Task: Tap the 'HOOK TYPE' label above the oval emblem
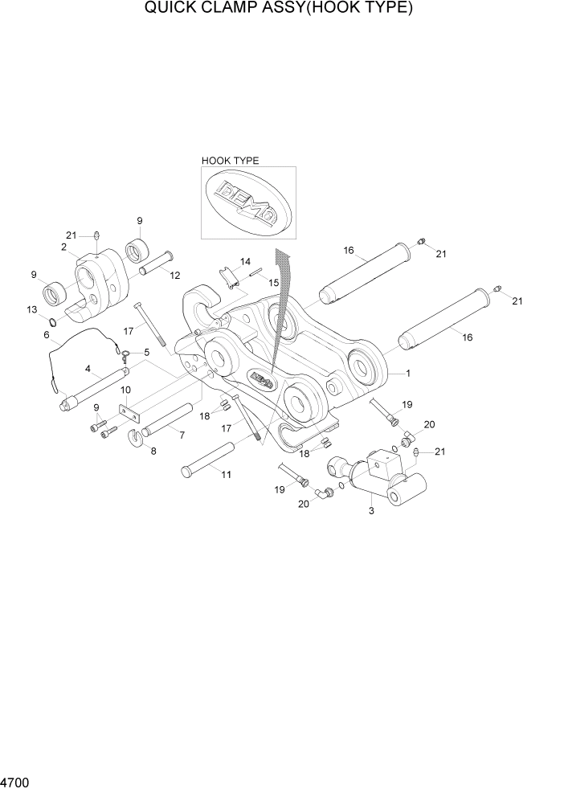tap(230, 161)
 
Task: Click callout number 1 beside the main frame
tap(408, 374)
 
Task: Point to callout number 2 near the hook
tap(63, 247)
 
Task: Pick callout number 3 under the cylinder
tap(371, 510)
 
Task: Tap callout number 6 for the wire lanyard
tap(47, 335)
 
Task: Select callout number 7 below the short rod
tap(182, 435)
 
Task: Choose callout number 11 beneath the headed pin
tap(226, 475)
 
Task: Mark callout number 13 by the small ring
tap(31, 309)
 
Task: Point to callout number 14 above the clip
tap(245, 262)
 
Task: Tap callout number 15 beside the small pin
tap(273, 283)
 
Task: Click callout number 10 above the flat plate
tap(125, 390)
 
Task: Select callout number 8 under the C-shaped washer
tap(153, 451)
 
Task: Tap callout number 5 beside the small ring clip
tap(146, 352)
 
